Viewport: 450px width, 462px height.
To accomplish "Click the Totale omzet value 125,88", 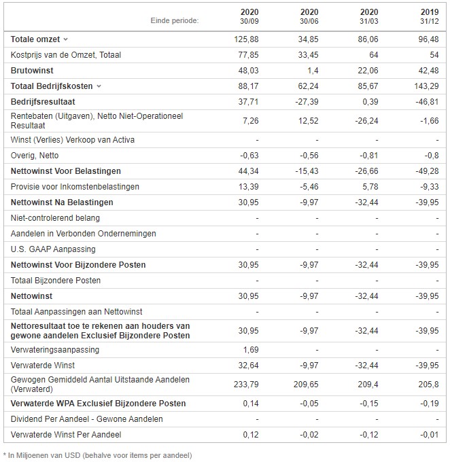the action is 246,39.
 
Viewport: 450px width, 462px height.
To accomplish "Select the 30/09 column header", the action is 249,21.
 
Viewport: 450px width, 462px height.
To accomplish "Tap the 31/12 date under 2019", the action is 430,21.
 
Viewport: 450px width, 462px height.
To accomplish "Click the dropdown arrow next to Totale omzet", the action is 66,39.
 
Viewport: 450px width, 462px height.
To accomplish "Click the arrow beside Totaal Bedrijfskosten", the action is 99,86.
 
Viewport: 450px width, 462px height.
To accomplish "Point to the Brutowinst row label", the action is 32,71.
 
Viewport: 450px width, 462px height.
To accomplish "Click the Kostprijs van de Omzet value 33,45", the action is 308,55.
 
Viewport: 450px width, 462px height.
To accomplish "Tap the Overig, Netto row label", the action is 35,156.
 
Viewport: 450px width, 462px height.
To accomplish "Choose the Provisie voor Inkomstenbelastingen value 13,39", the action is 248,187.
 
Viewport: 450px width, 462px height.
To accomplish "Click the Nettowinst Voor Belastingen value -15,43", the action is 307,171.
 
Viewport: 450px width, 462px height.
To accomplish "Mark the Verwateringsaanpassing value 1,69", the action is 251,350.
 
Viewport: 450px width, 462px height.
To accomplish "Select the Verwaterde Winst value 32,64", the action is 248,366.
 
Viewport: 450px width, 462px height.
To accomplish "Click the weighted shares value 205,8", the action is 428,385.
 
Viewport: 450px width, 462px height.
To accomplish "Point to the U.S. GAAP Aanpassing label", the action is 53,249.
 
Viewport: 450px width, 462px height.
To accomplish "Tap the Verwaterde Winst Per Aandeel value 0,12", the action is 251,435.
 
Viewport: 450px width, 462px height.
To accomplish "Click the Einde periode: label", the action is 175,20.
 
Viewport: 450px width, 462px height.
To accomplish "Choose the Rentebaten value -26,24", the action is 366,121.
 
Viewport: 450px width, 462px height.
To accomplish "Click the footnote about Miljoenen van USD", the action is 98,455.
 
